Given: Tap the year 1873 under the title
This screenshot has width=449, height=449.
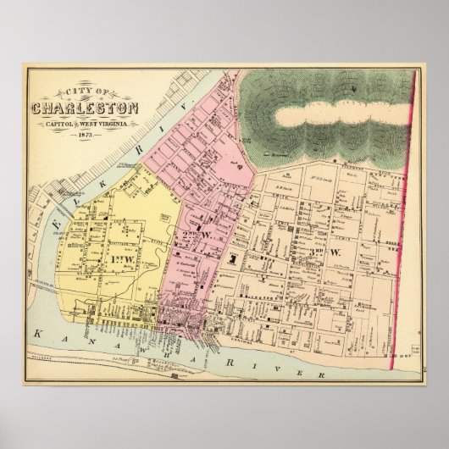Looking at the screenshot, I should coord(86,136).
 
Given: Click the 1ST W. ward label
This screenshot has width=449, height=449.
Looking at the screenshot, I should coord(119,257).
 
